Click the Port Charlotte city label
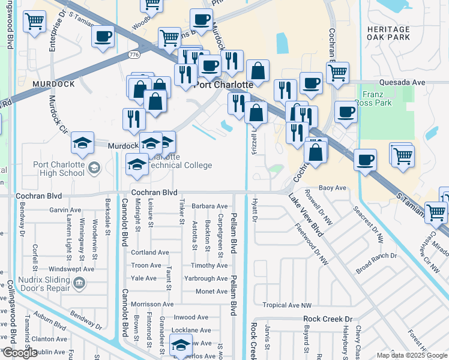click(x=223, y=85)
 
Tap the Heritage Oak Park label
click(x=389, y=33)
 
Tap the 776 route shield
click(x=135, y=55)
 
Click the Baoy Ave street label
click(x=333, y=188)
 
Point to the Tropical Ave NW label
click(x=288, y=305)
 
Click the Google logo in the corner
click(x=20, y=353)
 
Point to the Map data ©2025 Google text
click(x=411, y=355)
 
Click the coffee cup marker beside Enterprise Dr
click(x=103, y=37)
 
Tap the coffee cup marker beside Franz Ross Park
click(x=346, y=112)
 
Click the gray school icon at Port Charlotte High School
click(x=93, y=169)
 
